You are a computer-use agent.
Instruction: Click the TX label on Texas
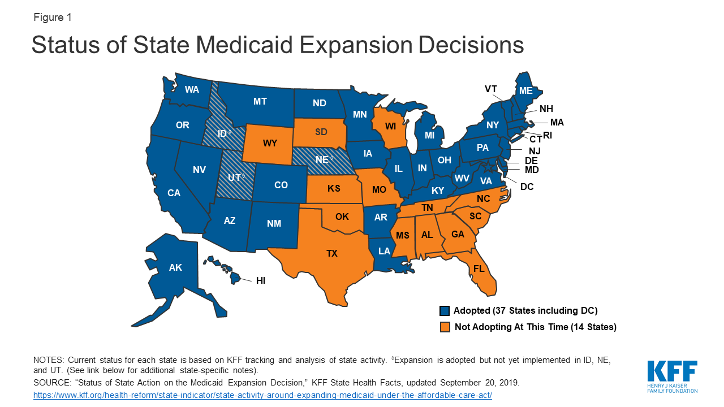click(332, 254)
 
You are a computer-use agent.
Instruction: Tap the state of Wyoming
click(270, 143)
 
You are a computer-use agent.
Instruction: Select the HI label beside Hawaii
click(260, 280)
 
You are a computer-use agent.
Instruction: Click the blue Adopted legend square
click(445, 311)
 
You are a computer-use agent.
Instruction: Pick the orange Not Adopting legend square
click(445, 327)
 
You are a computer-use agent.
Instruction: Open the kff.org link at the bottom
click(263, 395)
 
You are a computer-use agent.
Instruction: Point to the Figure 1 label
click(53, 18)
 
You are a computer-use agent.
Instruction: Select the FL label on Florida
click(479, 269)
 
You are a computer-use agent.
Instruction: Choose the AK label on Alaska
click(175, 267)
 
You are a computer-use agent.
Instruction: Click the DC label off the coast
click(527, 186)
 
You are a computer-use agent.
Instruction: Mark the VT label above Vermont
click(491, 89)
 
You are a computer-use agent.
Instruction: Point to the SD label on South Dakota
click(321, 132)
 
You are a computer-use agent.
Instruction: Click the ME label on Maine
click(526, 90)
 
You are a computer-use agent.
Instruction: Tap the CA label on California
click(174, 193)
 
